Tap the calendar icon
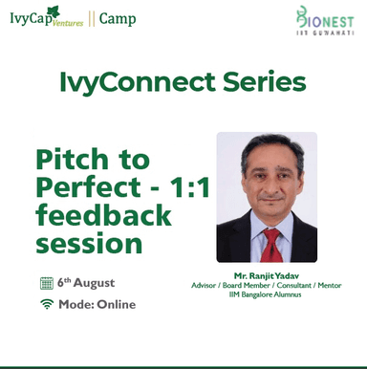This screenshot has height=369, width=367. click(x=46, y=283)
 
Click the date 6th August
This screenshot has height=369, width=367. click(x=85, y=283)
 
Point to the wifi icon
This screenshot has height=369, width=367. click(x=46, y=304)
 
